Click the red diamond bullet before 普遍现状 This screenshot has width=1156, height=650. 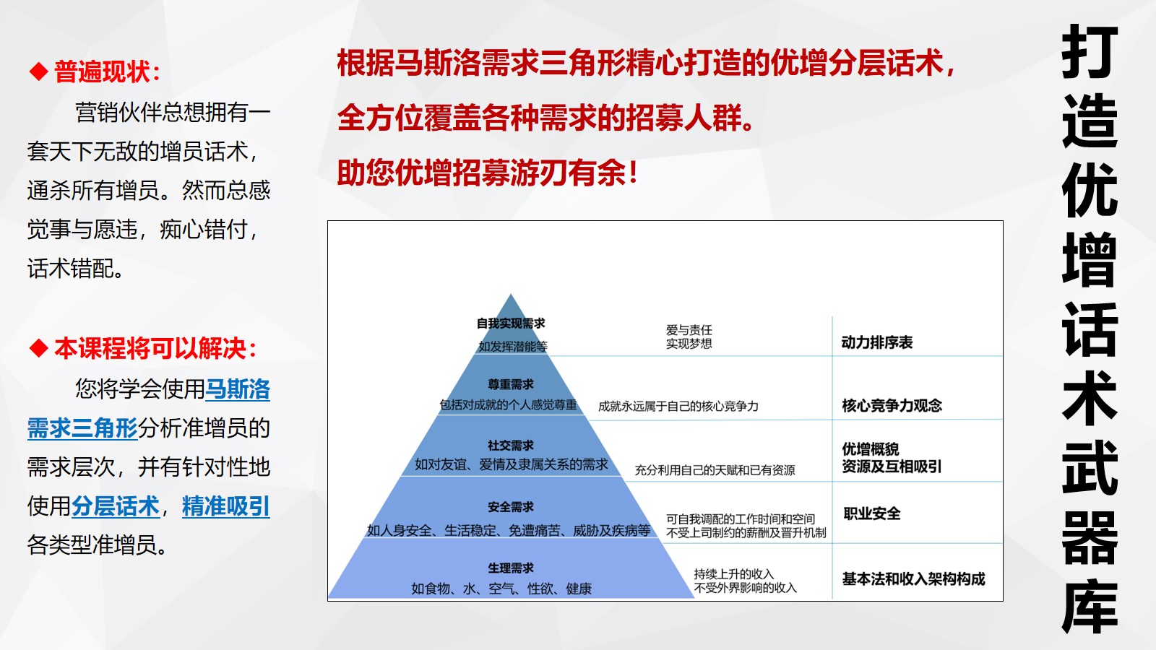click(x=39, y=71)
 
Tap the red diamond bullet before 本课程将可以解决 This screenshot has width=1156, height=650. click(x=39, y=348)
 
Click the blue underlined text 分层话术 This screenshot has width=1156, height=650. click(x=115, y=506)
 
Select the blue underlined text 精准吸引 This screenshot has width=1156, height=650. click(x=226, y=506)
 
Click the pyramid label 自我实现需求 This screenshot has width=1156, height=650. click(x=510, y=324)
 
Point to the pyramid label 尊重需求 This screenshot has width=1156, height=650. click(x=510, y=384)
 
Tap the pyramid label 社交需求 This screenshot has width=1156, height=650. click(x=510, y=446)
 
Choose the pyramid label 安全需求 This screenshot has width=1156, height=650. click(x=510, y=507)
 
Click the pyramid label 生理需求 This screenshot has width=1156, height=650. click(x=510, y=568)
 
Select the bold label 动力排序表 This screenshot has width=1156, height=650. click(x=877, y=342)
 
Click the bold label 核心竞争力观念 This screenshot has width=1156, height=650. click(x=892, y=405)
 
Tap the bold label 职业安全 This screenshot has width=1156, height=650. click(x=871, y=513)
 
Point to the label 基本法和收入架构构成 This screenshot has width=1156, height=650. click(x=913, y=578)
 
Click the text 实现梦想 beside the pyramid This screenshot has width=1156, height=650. click(x=689, y=344)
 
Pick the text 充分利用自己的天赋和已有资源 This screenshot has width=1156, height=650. click(x=715, y=470)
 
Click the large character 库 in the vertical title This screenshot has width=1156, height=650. click(x=1090, y=606)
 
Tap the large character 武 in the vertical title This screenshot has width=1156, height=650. click(x=1090, y=467)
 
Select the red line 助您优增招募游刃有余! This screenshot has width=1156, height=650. click(x=488, y=173)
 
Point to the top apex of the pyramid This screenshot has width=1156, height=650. click(x=510, y=294)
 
